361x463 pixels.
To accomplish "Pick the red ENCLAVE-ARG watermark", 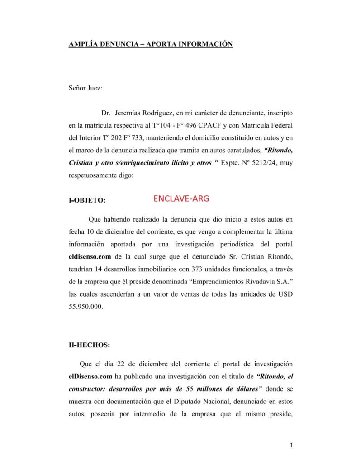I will coord(181,198).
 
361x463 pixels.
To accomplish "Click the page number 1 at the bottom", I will coord(292,446).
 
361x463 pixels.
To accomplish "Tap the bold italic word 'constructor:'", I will coord(89,388).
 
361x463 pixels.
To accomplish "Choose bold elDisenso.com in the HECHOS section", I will coord(88,376).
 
